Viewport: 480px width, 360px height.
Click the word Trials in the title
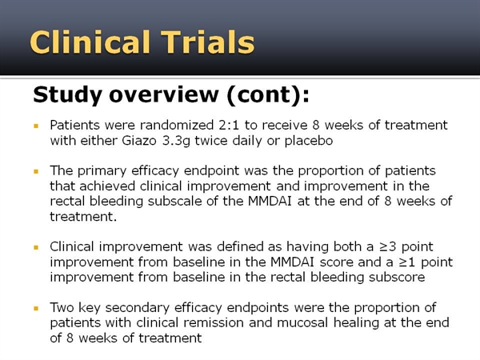pos(208,42)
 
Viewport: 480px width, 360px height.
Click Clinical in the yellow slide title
pos(90,42)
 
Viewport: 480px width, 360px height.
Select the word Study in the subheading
pos(67,95)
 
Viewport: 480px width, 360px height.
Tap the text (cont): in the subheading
pos(268,94)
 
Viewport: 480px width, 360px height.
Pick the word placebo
pos(309,141)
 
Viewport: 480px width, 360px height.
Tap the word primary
pos(102,171)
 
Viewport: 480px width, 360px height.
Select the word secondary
pos(138,308)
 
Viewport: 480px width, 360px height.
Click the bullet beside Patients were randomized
pos(36,126)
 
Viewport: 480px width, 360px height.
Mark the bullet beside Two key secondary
pos(36,308)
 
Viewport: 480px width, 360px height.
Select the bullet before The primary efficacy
pos(36,171)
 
